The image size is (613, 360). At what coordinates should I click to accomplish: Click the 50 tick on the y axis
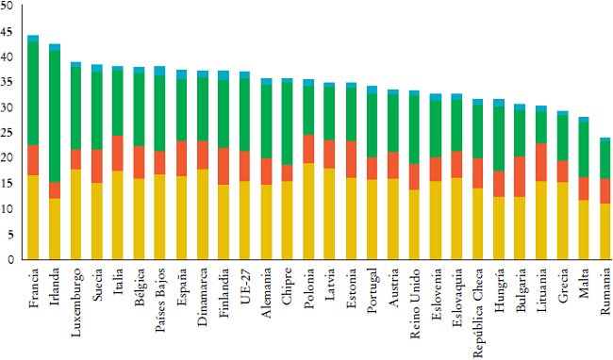[x=8, y=6]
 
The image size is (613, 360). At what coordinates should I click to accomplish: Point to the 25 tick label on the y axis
[x=8, y=133]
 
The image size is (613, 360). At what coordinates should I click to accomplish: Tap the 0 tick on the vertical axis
[x=10, y=259]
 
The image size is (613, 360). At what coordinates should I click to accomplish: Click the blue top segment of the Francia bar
[x=33, y=39]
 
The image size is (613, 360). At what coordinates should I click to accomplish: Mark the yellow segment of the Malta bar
[x=584, y=229]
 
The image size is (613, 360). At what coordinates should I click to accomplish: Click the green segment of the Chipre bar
[x=287, y=123]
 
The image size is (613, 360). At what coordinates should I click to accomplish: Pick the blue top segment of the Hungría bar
[x=499, y=102]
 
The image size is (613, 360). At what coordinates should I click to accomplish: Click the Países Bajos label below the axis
[x=160, y=301]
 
